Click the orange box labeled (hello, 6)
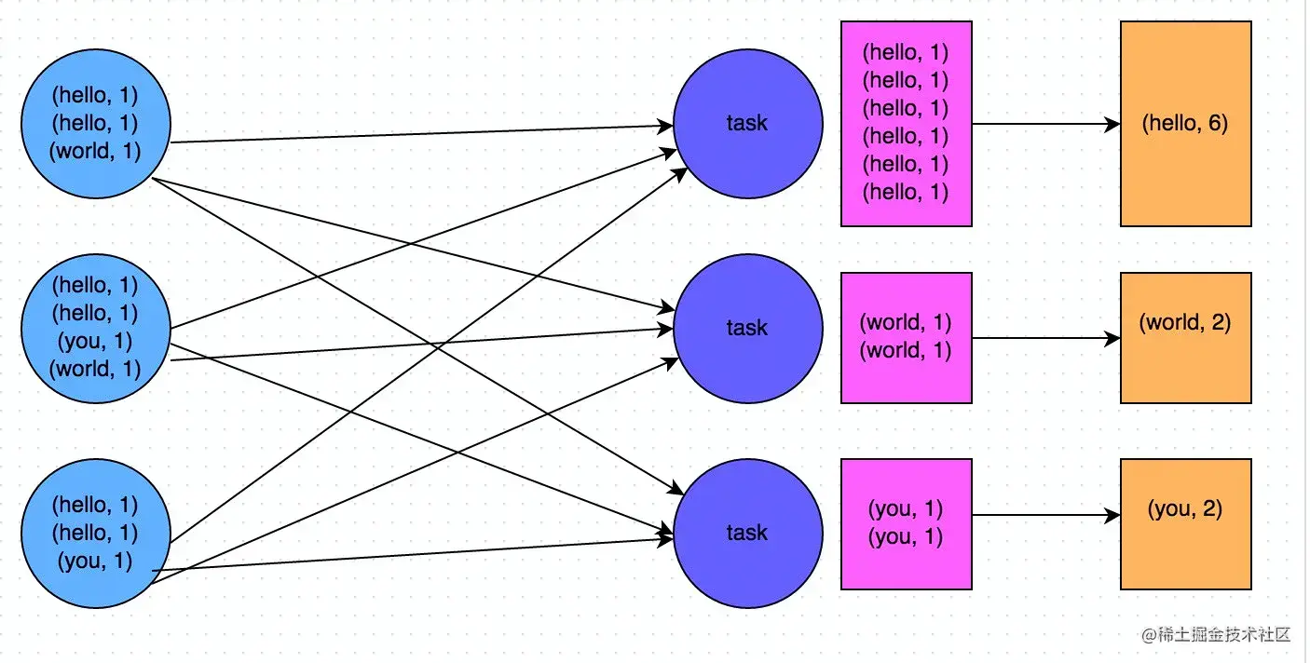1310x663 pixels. tap(1185, 124)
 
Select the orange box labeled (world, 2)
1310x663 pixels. tap(1185, 338)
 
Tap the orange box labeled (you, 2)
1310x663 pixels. tap(1185, 524)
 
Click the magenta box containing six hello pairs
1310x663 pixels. tap(906, 124)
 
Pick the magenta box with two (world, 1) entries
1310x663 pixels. tap(906, 338)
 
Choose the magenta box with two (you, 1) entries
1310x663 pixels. tap(906, 524)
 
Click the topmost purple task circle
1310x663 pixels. tap(747, 124)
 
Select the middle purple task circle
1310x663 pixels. tap(747, 328)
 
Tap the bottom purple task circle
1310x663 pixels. tap(747, 533)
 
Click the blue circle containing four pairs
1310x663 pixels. tap(95, 327)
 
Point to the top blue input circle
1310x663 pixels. tap(95, 123)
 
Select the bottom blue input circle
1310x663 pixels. tap(95, 534)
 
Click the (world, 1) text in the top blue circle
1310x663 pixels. tap(95, 151)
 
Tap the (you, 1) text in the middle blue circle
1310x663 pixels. tap(95, 341)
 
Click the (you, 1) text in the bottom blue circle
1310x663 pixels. tap(95, 562)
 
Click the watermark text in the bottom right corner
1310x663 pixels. tap(1216, 634)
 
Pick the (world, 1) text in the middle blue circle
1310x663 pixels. tap(95, 369)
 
